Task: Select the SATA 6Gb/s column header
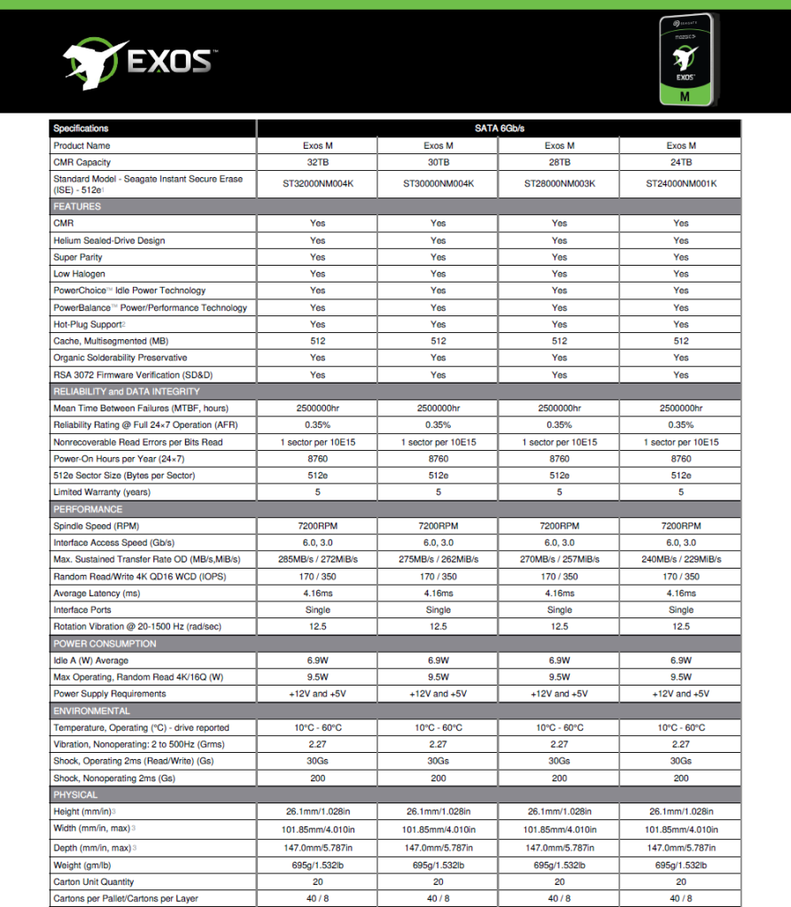click(x=499, y=128)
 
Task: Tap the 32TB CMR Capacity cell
click(x=317, y=162)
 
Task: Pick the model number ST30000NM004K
click(x=438, y=184)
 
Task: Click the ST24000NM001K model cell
click(x=680, y=184)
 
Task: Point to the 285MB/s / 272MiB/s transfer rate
click(x=317, y=560)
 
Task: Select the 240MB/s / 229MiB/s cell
click(x=680, y=560)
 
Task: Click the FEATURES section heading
click(x=77, y=206)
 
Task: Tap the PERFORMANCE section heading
click(x=87, y=509)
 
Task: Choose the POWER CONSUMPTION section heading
click(x=105, y=644)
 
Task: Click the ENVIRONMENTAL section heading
click(x=91, y=711)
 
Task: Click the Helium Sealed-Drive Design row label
click(x=109, y=241)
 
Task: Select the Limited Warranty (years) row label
click(x=102, y=492)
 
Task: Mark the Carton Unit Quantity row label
click(x=94, y=882)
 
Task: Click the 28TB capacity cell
click(x=559, y=162)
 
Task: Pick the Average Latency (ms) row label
click(x=97, y=593)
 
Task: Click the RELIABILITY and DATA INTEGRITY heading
click(x=127, y=391)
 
